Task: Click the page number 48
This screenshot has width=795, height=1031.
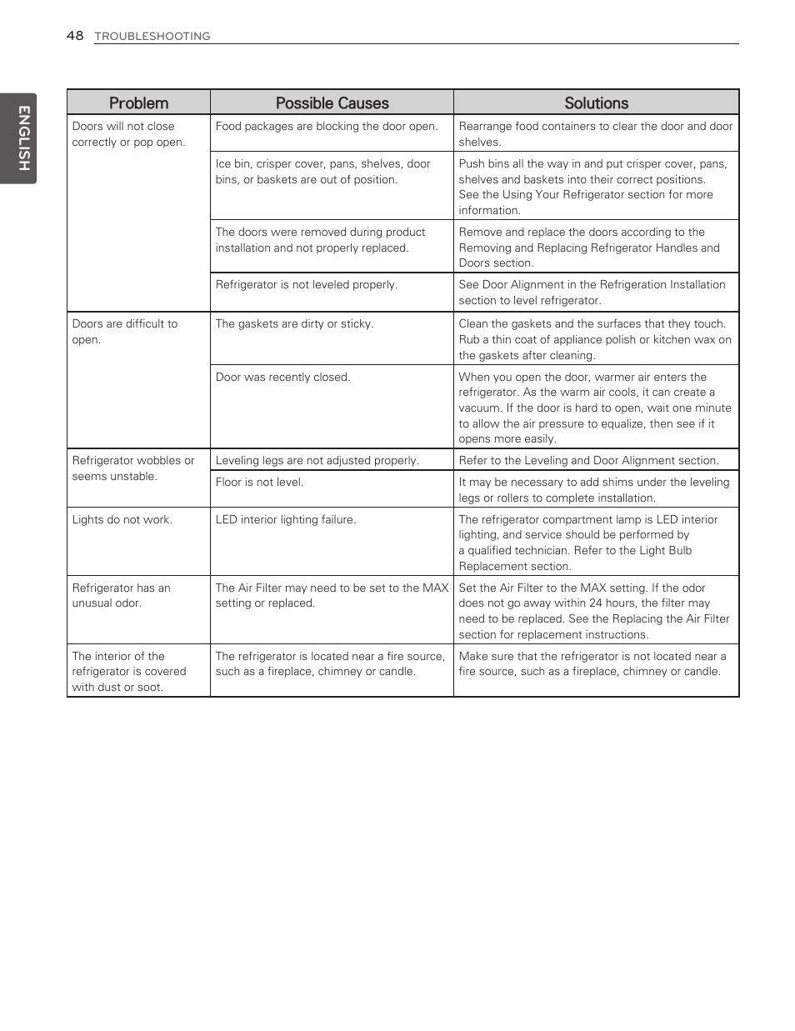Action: click(75, 35)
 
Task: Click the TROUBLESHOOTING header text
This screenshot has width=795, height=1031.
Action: click(152, 36)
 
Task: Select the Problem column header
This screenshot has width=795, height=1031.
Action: click(138, 103)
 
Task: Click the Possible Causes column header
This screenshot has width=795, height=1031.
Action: click(332, 103)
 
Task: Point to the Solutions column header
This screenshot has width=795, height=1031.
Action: click(596, 103)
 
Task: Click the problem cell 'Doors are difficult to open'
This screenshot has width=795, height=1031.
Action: click(124, 332)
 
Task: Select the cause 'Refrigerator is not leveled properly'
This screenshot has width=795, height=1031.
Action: click(306, 285)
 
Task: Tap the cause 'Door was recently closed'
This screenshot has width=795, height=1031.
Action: click(282, 378)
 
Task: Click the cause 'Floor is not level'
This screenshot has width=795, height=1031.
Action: click(259, 483)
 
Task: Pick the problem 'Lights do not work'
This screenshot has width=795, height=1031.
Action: click(122, 520)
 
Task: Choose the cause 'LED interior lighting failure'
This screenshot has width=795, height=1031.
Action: click(285, 520)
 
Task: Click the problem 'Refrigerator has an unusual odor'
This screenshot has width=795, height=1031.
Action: click(121, 596)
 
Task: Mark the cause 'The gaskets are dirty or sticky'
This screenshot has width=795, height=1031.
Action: click(294, 324)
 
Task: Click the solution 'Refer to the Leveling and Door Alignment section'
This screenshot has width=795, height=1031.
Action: click(588, 461)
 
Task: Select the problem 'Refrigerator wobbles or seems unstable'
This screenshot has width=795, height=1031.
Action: click(132, 468)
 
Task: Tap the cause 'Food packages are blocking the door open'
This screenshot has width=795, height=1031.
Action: click(326, 127)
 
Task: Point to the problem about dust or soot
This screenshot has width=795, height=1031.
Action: click(128, 672)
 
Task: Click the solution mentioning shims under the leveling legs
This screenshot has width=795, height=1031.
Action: click(593, 490)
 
